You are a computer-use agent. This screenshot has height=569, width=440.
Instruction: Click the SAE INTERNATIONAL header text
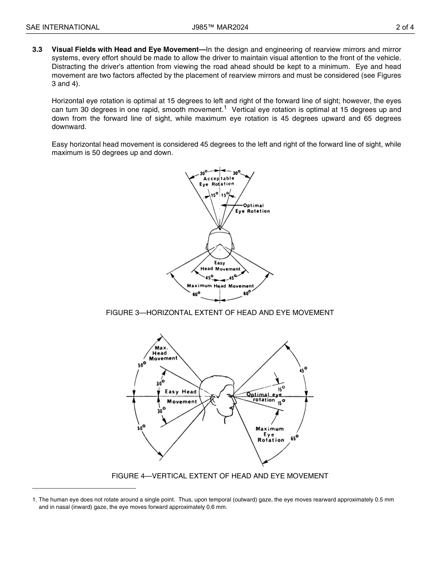(63, 27)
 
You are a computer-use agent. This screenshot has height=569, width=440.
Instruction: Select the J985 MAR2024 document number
(220, 27)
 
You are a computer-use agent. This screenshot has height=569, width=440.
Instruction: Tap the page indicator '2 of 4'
(405, 27)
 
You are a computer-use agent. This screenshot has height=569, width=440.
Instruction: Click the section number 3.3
(38, 49)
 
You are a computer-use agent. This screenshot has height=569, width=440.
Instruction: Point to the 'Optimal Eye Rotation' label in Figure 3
(252, 208)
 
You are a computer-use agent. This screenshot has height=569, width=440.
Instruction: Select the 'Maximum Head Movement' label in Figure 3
(220, 286)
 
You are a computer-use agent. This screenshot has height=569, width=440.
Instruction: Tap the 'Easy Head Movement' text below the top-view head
(220, 266)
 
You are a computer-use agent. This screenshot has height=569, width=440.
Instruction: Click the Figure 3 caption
(220, 313)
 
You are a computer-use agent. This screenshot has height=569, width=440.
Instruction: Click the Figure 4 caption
(220, 476)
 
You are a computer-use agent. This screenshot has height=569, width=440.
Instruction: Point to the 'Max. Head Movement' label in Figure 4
(163, 353)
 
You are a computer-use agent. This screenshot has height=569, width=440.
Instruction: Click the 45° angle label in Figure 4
(303, 370)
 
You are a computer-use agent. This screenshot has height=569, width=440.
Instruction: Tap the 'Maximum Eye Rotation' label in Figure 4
(270, 434)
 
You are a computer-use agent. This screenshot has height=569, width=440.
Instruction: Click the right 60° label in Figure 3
(247, 293)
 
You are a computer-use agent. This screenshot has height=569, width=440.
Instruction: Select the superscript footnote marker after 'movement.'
(225, 108)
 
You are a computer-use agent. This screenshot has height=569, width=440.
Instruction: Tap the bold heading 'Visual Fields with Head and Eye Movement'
(128, 49)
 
